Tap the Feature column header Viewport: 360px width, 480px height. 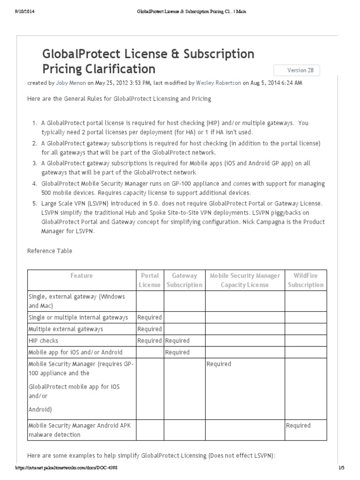point(82,276)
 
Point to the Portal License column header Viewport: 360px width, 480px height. point(150,280)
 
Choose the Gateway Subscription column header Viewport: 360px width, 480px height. point(184,280)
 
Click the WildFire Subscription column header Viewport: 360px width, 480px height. point(306,280)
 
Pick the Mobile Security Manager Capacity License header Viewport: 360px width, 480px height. point(245,280)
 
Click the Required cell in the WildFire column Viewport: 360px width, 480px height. point(298,425)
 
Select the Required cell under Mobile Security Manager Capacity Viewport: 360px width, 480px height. point(218,364)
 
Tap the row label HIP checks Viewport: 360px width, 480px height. point(44,340)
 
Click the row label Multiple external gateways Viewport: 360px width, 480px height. point(66,329)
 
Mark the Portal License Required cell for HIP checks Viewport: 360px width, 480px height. point(150,340)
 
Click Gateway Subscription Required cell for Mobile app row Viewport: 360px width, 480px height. point(177,352)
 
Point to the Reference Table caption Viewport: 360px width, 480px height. point(50,251)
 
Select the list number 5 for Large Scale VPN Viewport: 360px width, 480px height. point(34,203)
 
